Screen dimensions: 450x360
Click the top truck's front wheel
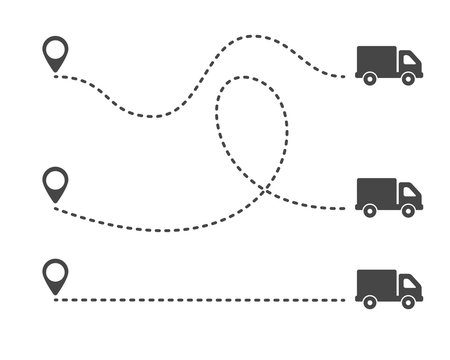(408, 79)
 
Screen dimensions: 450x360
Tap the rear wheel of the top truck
(370, 79)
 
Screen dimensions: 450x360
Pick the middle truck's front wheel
(408, 210)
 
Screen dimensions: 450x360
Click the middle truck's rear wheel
(370, 210)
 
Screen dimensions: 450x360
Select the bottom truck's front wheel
(408, 299)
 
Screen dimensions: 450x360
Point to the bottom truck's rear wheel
(370, 299)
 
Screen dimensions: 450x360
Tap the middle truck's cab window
(407, 191)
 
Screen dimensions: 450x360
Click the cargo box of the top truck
(376, 58)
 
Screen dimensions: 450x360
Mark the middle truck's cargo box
(376, 190)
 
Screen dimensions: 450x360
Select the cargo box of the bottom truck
(376, 279)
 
